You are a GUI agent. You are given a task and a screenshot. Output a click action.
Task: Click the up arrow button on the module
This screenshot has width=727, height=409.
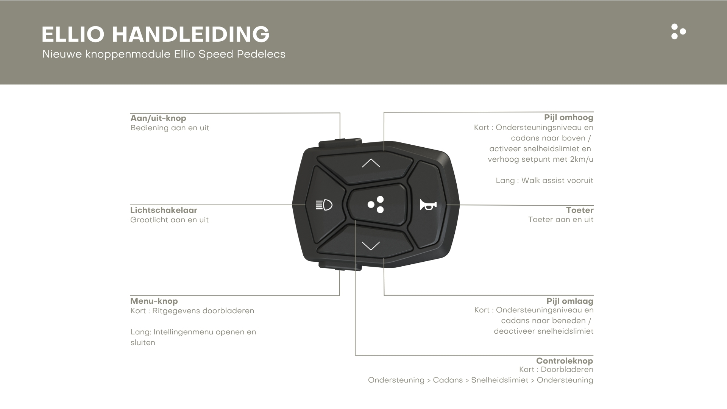[370, 163]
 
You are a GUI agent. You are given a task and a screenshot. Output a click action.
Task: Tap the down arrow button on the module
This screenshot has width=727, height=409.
[370, 246]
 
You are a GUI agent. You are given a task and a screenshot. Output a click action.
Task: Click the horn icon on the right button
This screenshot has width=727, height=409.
[428, 205]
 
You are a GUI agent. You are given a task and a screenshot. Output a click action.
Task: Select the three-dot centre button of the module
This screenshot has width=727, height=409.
[376, 204]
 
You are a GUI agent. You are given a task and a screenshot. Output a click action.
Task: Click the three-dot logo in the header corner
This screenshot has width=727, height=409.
[678, 31]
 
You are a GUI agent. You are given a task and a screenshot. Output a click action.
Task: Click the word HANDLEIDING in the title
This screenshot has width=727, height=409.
[190, 34]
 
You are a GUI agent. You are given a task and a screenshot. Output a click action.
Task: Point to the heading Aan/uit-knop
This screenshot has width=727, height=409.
[158, 118]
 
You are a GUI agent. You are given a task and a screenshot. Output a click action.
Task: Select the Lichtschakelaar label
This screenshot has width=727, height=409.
[164, 210]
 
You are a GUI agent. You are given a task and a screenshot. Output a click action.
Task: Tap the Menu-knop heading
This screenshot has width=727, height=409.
[154, 301]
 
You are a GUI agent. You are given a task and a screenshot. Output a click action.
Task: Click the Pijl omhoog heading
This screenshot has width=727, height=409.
[568, 117]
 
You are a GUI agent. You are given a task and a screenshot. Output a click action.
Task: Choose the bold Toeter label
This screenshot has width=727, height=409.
[579, 210]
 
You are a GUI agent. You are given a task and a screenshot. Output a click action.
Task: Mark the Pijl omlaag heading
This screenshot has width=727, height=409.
[569, 301]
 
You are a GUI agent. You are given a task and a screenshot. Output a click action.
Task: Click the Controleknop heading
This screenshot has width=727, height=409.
[564, 361]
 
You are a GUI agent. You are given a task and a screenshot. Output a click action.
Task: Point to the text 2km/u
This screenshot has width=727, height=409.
[581, 159]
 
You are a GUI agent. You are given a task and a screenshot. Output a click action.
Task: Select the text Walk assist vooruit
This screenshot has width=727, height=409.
[557, 181]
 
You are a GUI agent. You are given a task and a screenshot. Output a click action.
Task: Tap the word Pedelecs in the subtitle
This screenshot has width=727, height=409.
[261, 54]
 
